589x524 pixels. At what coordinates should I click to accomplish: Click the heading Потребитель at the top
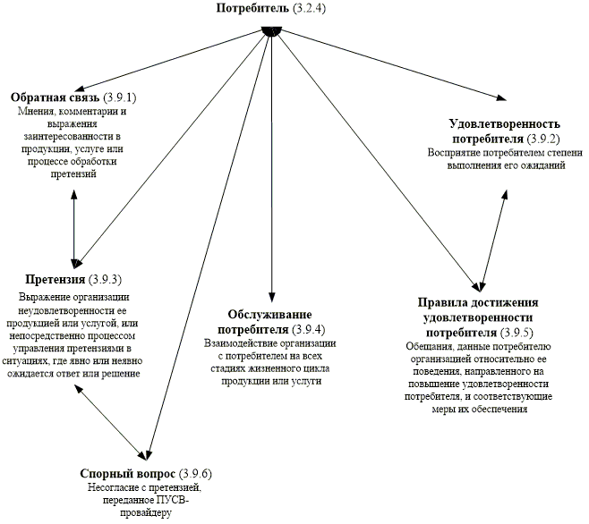pos(252,8)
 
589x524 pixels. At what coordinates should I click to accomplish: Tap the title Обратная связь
pos(55,97)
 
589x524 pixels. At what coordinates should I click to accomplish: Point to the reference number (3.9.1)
pos(119,97)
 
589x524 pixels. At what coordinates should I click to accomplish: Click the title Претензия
pos(55,280)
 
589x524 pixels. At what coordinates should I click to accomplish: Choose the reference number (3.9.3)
pos(106,280)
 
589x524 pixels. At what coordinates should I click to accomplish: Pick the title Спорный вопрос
pos(128,474)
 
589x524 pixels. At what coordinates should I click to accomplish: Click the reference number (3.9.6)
pos(195,474)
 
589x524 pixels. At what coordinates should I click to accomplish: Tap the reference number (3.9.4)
pos(309,330)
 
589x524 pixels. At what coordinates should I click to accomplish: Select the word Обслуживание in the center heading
pos(269,315)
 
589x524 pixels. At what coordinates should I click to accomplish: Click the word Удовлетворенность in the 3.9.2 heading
pos(505,124)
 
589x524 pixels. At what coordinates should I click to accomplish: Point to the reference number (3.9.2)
pos(543,139)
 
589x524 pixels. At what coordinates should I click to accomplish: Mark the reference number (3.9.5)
pos(516,333)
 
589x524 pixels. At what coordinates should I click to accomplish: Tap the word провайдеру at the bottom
pos(145,512)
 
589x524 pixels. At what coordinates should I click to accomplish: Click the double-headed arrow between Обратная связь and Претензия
pos(74,229)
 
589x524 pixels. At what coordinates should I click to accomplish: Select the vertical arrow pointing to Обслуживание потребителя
pos(271,165)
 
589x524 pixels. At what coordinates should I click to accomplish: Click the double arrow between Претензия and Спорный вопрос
pos(111,422)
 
